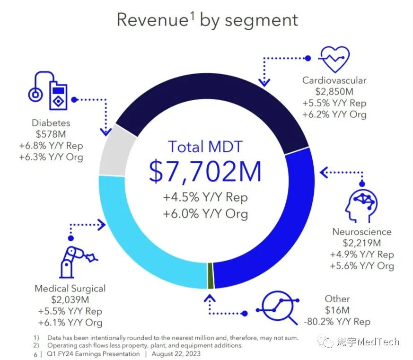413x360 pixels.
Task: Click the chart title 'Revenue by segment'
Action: click(207, 20)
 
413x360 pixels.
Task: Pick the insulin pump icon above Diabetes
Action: click(50, 92)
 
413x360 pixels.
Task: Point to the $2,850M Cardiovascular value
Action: click(334, 92)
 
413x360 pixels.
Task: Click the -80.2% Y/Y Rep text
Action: click(337, 322)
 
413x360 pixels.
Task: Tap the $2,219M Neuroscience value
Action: click(362, 243)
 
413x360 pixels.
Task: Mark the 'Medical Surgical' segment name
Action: click(70, 288)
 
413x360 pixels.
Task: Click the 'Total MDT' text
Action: click(205, 146)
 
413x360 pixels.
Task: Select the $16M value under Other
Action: click(337, 310)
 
